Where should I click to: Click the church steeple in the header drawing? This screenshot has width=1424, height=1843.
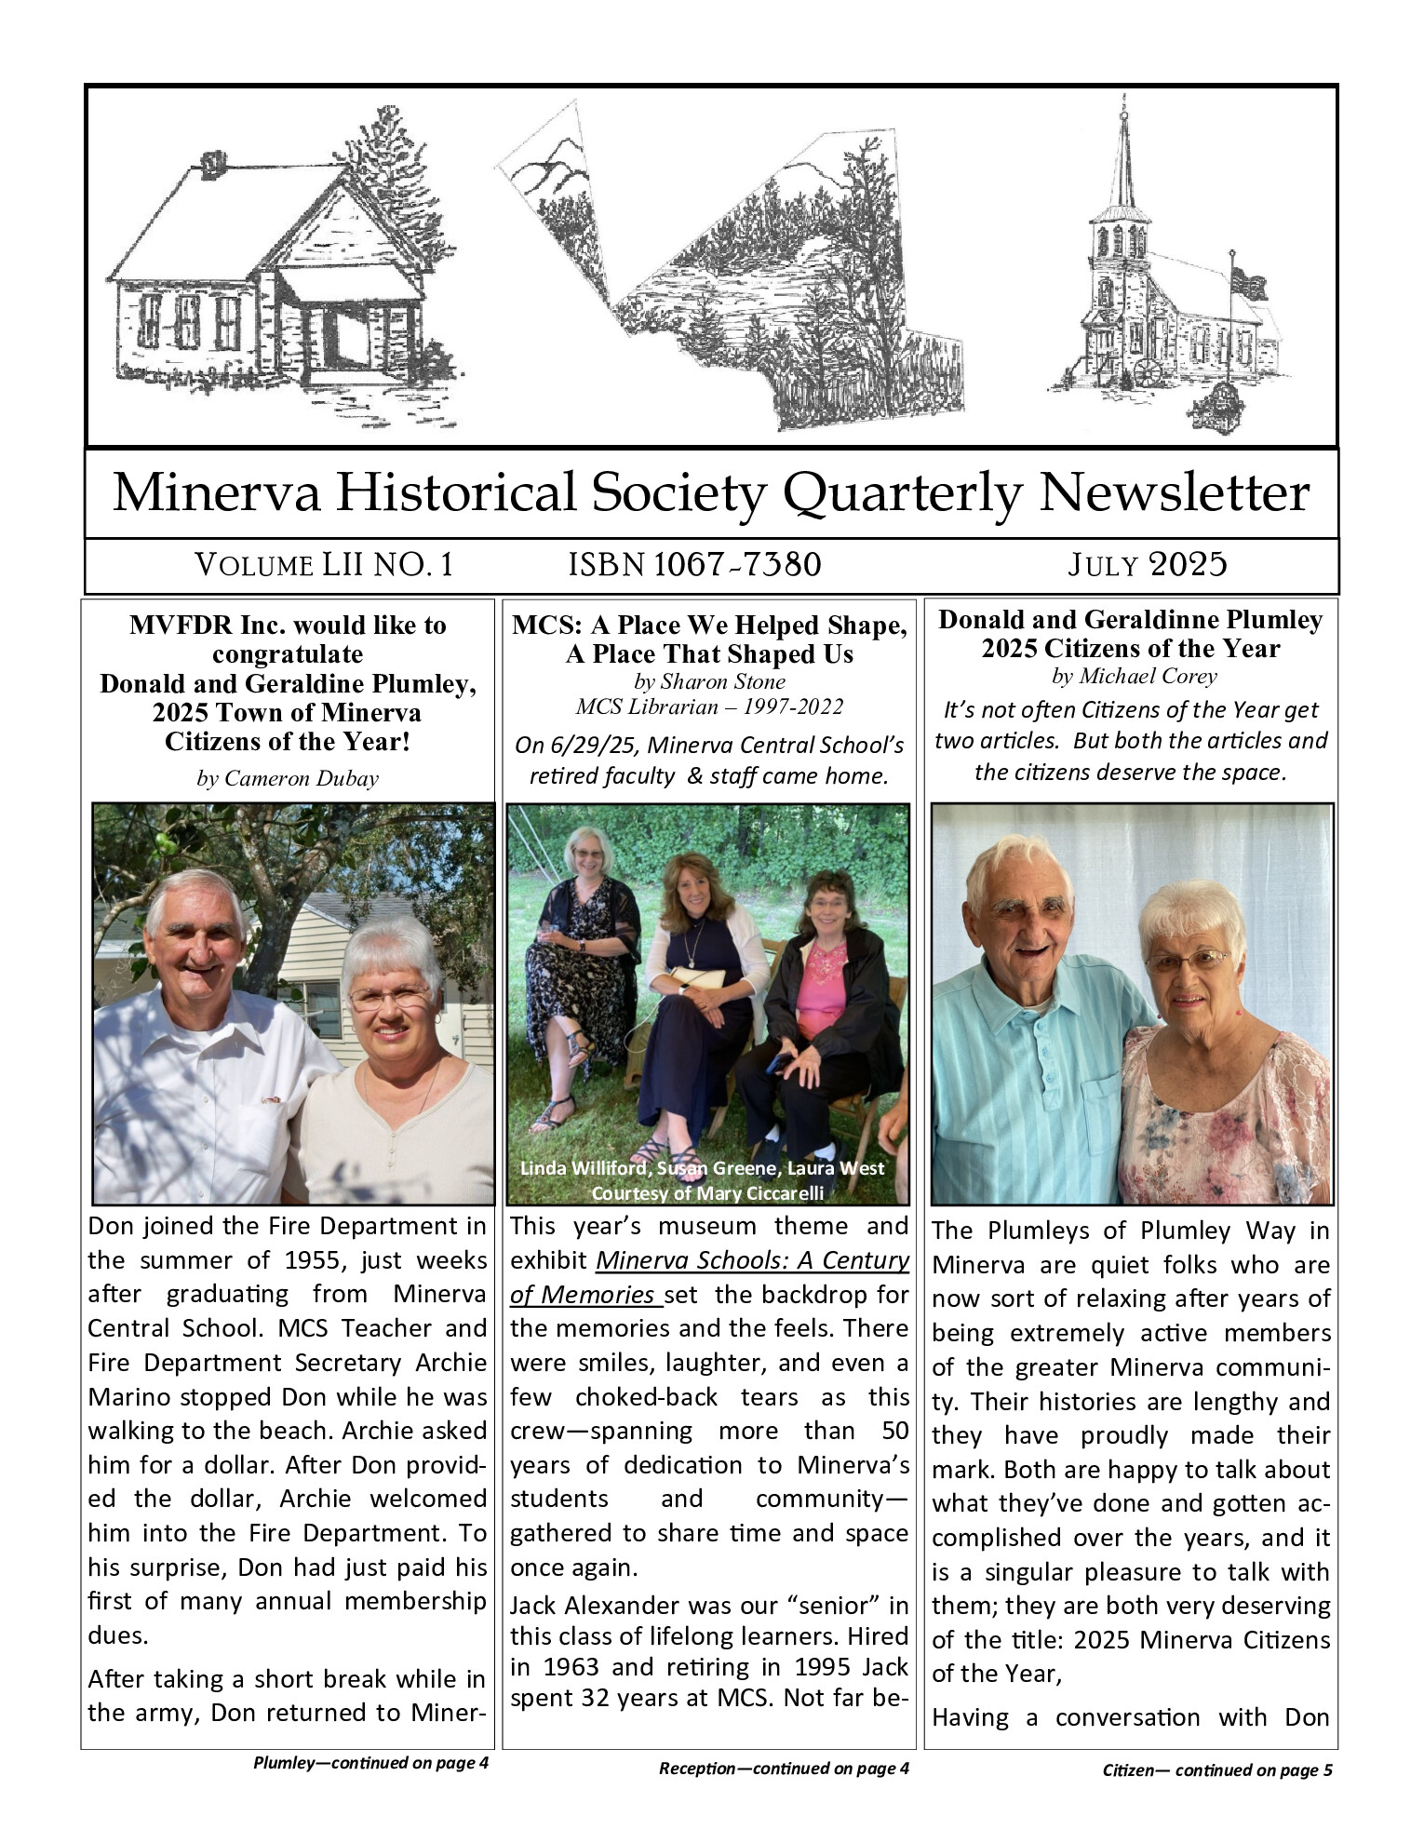tap(1125, 158)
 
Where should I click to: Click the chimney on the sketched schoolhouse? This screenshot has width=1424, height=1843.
tap(213, 165)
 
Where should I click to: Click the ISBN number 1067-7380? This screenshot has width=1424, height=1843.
tap(737, 564)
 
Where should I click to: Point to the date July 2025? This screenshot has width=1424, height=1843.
tap(1148, 564)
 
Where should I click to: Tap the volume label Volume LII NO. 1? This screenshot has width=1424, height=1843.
tap(324, 564)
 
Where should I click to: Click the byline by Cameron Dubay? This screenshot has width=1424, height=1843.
tap(288, 778)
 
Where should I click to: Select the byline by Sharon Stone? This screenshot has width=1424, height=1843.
tap(709, 681)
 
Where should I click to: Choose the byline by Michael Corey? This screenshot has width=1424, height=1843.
tap(1134, 676)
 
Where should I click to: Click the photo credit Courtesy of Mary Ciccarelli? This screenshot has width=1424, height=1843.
tap(707, 1192)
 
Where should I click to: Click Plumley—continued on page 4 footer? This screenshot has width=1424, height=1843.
tap(370, 1762)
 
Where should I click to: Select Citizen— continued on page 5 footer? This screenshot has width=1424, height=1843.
tap(1216, 1769)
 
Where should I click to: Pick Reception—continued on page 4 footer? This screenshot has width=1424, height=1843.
tap(784, 1768)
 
